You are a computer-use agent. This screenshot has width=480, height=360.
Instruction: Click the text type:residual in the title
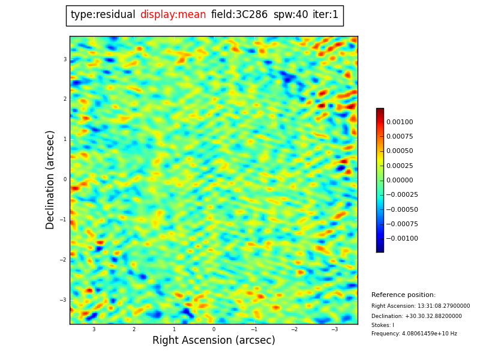(x=103, y=15)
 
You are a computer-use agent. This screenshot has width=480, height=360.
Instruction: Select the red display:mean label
(x=173, y=15)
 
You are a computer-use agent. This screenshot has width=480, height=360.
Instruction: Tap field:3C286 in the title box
(x=239, y=15)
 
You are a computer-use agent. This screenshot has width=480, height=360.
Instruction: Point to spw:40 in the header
(x=290, y=15)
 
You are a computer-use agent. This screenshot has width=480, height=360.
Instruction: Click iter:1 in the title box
(x=325, y=15)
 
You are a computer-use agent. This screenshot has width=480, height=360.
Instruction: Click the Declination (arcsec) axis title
(x=50, y=179)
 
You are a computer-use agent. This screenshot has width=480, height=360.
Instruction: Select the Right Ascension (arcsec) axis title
(x=214, y=341)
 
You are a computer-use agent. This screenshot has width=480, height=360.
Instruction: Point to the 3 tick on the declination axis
(x=65, y=59)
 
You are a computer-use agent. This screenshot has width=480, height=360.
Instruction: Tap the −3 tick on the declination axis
(x=64, y=300)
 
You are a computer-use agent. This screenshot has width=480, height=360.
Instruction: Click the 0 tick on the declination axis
(x=65, y=179)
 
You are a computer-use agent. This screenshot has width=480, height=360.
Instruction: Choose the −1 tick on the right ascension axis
(x=254, y=329)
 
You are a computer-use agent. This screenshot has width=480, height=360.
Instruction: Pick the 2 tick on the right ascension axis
(x=134, y=329)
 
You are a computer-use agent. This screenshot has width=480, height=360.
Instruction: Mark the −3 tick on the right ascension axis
(x=334, y=329)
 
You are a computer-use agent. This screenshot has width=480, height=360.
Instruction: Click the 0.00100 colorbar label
(x=400, y=122)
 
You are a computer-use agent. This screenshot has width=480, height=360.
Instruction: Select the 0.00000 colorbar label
(x=400, y=180)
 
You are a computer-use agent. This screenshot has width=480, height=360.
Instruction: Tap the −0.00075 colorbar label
(x=401, y=224)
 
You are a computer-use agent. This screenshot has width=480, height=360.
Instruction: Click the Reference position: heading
(x=403, y=295)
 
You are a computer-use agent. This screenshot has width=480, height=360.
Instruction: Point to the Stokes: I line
(x=383, y=325)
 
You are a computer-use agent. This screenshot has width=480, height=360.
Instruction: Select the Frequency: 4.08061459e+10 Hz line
(x=414, y=334)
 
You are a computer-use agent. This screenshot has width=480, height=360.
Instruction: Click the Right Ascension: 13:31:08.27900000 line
(x=421, y=306)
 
